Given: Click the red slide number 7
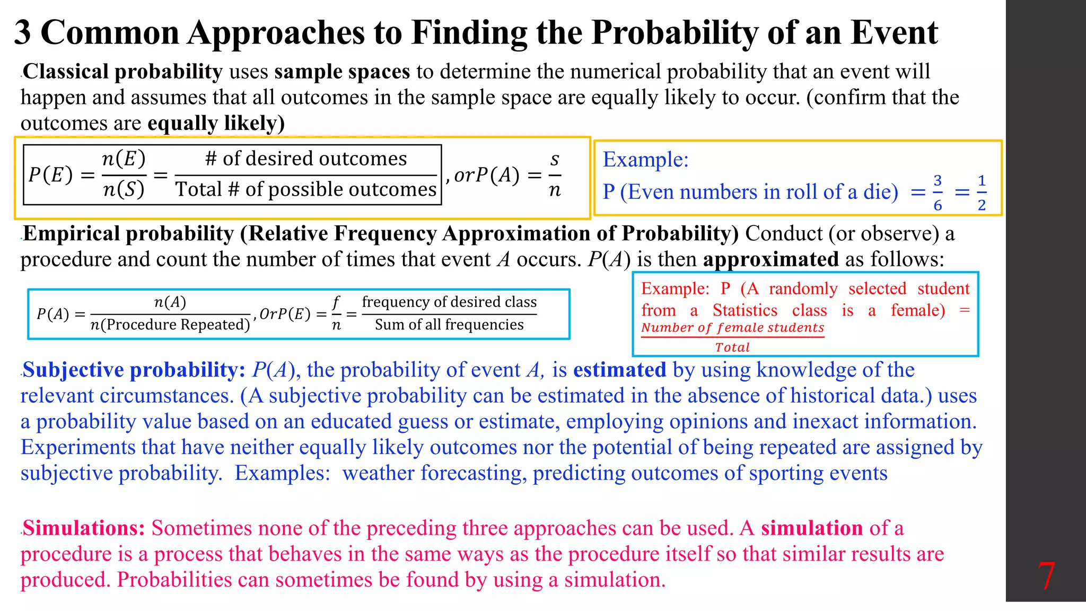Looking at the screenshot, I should click(x=1046, y=576).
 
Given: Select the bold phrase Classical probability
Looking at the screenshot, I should click(x=122, y=72).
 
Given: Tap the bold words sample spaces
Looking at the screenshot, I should click(x=342, y=72).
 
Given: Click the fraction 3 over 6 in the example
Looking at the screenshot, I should click(x=938, y=193).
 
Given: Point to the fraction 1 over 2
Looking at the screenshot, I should click(x=982, y=193).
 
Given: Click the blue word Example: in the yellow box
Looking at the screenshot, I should click(x=645, y=160).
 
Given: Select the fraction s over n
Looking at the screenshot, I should click(x=555, y=174).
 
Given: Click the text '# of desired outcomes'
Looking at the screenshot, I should click(x=306, y=159).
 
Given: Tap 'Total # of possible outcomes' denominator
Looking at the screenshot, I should click(x=306, y=189).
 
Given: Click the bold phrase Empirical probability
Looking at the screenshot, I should click(x=128, y=234).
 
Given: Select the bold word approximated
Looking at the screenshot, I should click(x=770, y=260).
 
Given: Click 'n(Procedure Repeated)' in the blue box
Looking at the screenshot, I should click(x=170, y=325).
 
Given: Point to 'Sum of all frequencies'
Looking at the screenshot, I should click(x=449, y=325).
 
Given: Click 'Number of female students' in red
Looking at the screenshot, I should click(x=732, y=328).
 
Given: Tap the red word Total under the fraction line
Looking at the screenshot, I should click(x=732, y=347).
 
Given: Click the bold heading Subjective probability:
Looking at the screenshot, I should click(x=134, y=370).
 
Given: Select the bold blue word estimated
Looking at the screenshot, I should click(x=619, y=370).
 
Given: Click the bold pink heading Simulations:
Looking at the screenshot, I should click(x=84, y=528).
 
